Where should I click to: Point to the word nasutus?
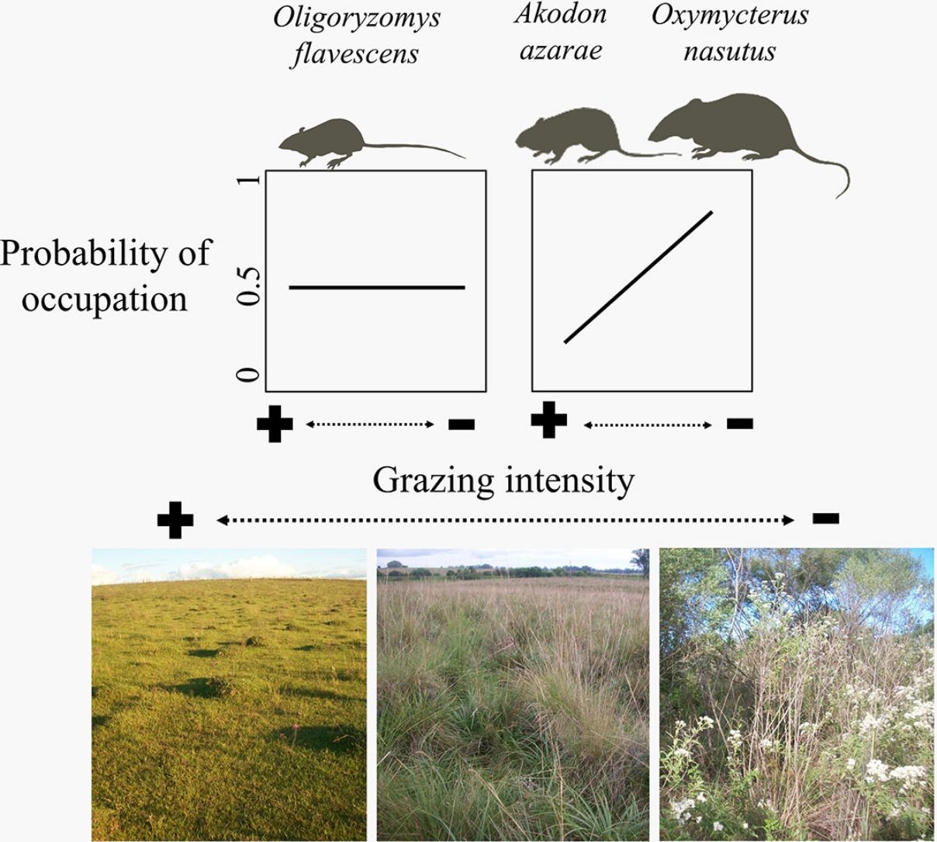tap(729, 51)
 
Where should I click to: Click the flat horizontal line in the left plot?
tap(377, 287)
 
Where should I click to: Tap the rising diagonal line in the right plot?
tap(638, 276)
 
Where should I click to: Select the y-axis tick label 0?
tap(249, 376)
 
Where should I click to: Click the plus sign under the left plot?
tap(275, 424)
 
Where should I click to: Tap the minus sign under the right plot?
tap(739, 423)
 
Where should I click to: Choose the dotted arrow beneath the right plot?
tap(648, 424)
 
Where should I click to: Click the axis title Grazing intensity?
tap(503, 480)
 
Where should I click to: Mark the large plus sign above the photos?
tap(175, 520)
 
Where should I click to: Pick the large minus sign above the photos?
tap(825, 518)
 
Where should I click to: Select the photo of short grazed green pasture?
tap(229, 694)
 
